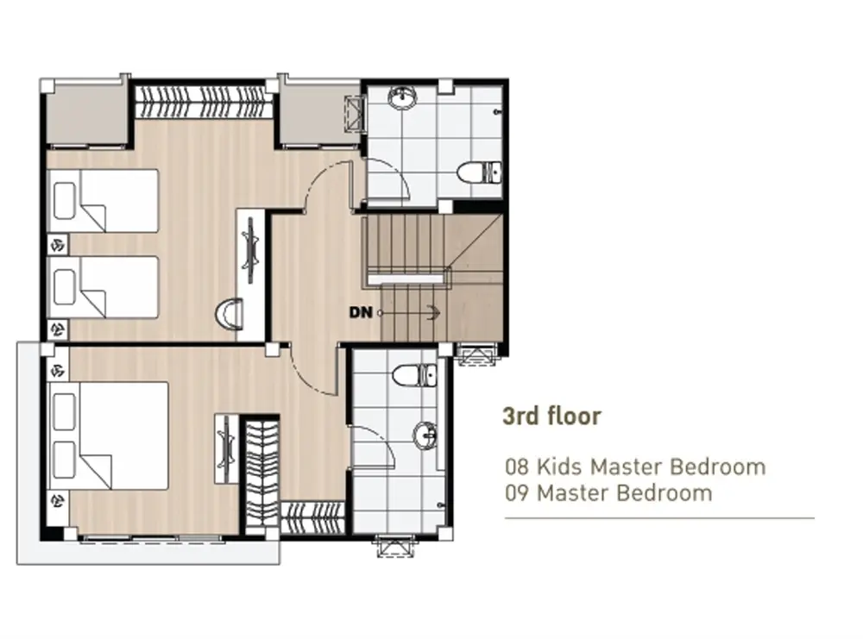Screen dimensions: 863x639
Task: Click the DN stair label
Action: [x=361, y=312]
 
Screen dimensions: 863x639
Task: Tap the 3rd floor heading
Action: [x=551, y=417]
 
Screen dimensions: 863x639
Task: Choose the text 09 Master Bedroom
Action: [x=608, y=492]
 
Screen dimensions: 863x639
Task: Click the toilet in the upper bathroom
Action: [x=479, y=172]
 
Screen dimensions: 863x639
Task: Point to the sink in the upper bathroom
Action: [x=403, y=98]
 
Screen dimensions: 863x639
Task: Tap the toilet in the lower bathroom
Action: [x=414, y=376]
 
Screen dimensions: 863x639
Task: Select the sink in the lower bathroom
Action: [x=425, y=435]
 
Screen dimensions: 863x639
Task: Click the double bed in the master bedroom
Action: [x=109, y=435]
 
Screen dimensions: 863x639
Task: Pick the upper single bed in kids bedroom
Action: [x=104, y=200]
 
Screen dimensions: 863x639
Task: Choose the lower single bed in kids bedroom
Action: [x=104, y=286]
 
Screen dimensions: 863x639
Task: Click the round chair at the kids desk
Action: [x=229, y=313]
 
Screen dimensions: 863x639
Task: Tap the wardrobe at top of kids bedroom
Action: [x=205, y=101]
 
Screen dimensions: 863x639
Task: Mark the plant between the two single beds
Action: [x=58, y=243]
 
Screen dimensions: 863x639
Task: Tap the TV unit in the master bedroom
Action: [x=226, y=449]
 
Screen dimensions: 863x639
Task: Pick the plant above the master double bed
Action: [x=58, y=370]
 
